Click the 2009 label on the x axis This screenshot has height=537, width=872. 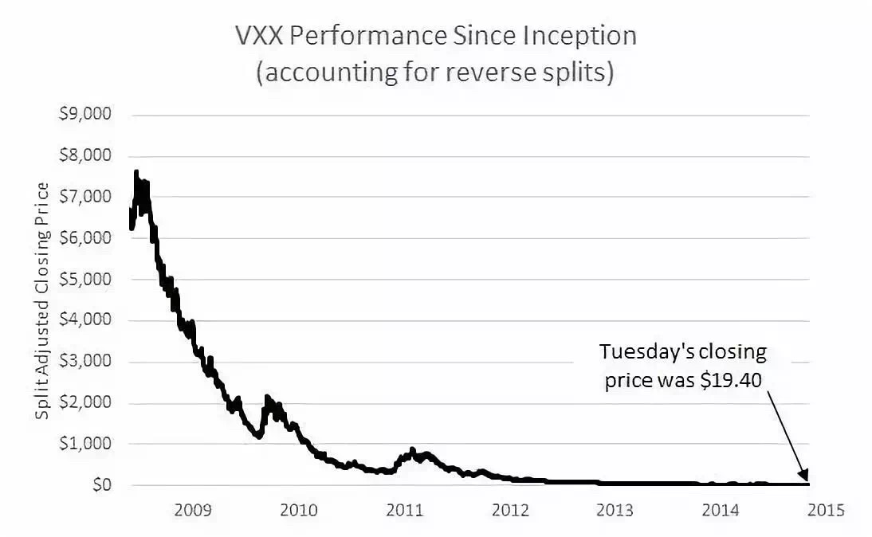pyautogui.click(x=193, y=509)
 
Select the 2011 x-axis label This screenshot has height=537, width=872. pyautogui.click(x=404, y=509)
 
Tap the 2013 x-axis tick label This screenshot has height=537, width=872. pyautogui.click(x=615, y=509)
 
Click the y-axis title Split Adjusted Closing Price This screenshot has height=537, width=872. pyautogui.click(x=43, y=300)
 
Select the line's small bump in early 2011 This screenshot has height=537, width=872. pyautogui.click(x=412, y=450)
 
